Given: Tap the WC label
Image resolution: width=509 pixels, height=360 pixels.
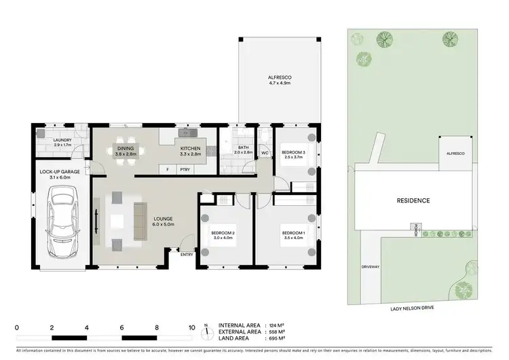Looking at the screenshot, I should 265,153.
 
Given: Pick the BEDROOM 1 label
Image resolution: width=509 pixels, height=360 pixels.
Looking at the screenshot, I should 294,233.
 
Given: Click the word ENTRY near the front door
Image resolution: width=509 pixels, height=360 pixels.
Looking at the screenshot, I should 186,255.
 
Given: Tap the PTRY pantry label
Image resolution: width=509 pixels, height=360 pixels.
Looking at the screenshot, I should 185,168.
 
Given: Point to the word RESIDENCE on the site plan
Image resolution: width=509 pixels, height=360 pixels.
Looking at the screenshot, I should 413,200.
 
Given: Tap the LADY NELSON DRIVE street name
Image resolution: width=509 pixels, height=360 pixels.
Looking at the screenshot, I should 412,308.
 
